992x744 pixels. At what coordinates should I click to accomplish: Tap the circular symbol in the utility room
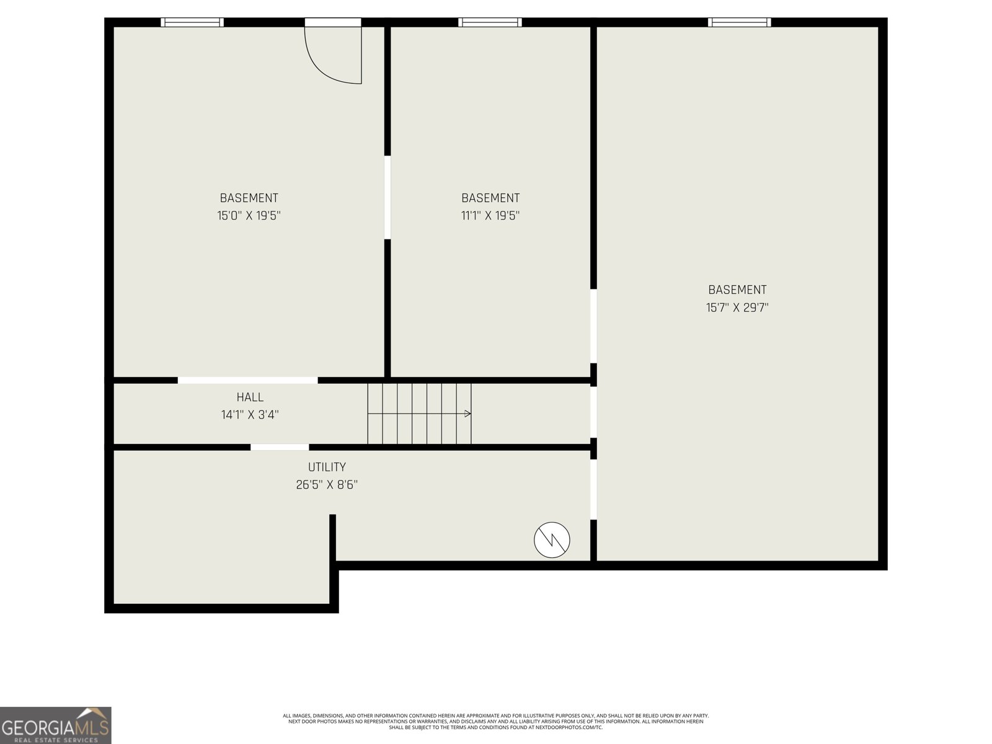tap(552, 540)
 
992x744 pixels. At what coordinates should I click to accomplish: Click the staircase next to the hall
tap(419, 414)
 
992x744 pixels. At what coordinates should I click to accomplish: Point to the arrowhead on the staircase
tap(468, 414)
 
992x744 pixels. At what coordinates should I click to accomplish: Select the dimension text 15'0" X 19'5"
tap(249, 216)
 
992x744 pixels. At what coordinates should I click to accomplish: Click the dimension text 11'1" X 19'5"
tap(490, 216)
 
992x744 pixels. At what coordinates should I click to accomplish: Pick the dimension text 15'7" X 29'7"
tap(737, 308)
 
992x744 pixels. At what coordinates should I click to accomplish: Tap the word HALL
tap(250, 397)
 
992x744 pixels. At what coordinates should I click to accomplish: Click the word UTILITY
tap(327, 467)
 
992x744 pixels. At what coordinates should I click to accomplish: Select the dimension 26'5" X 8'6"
tap(327, 485)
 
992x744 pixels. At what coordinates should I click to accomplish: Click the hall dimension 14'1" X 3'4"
tap(250, 415)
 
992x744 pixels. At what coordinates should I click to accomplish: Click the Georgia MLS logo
tap(55, 725)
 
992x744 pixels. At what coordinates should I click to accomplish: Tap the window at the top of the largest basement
tap(740, 22)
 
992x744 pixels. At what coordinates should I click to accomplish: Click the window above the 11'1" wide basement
tap(490, 22)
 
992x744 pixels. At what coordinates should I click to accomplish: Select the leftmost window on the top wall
tap(192, 22)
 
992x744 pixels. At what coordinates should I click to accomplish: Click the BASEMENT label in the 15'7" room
tap(737, 290)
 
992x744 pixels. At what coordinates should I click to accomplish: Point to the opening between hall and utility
tap(280, 447)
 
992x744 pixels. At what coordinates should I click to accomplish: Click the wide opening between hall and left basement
tap(247, 380)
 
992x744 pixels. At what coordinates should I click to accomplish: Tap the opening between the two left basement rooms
tap(387, 197)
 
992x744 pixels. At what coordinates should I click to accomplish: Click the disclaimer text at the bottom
tap(496, 721)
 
